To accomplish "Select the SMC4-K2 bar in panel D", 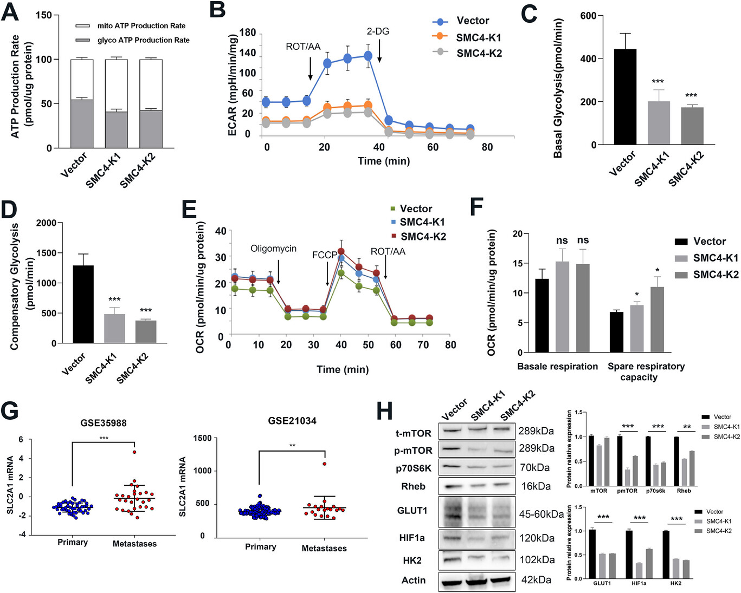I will [146, 331].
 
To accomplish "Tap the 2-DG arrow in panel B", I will [379, 51].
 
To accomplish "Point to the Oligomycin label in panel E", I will [273, 249].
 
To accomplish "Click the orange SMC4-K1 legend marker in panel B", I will [440, 37].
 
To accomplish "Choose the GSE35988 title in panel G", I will [103, 423].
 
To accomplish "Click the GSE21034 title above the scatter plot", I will [292, 421].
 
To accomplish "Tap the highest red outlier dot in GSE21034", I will [324, 464].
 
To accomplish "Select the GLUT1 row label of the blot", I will [412, 510].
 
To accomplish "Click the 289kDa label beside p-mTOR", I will [536, 448].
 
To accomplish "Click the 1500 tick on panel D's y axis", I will [46, 253].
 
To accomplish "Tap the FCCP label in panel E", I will [324, 255].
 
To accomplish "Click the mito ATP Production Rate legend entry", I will [141, 25].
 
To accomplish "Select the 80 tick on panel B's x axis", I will [487, 147].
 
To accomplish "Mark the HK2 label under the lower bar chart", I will [675, 583].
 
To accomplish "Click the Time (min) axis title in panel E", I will [343, 369].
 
